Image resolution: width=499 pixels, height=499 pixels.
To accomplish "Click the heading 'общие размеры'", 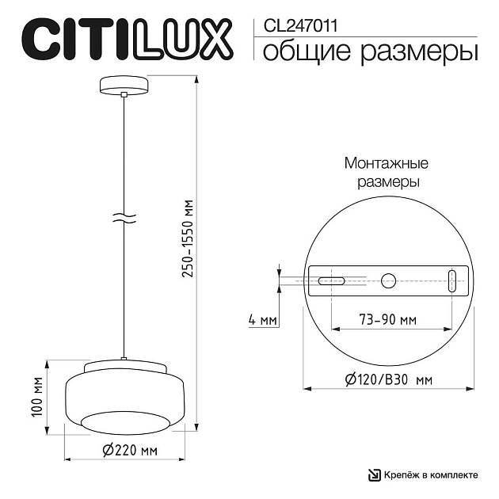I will [369, 52].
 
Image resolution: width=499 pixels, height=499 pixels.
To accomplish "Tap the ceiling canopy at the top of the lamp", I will [124, 85].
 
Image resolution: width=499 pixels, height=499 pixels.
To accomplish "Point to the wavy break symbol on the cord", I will [124, 219].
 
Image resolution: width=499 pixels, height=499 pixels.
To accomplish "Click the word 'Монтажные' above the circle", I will [386, 164].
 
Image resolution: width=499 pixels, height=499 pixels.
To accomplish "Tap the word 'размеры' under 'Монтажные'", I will [386, 181].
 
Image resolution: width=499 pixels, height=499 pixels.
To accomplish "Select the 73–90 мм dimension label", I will [388, 321].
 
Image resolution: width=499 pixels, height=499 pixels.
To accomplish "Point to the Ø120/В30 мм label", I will [388, 380].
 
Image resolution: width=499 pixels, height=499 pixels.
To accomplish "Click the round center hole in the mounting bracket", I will [388, 280].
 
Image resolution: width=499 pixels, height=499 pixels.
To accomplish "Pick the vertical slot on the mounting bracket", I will [451, 280].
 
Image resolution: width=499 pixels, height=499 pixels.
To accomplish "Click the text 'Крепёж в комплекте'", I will [432, 474].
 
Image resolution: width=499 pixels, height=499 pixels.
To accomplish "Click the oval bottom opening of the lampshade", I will [125, 421].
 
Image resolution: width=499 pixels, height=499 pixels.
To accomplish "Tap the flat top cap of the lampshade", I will [125, 366].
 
